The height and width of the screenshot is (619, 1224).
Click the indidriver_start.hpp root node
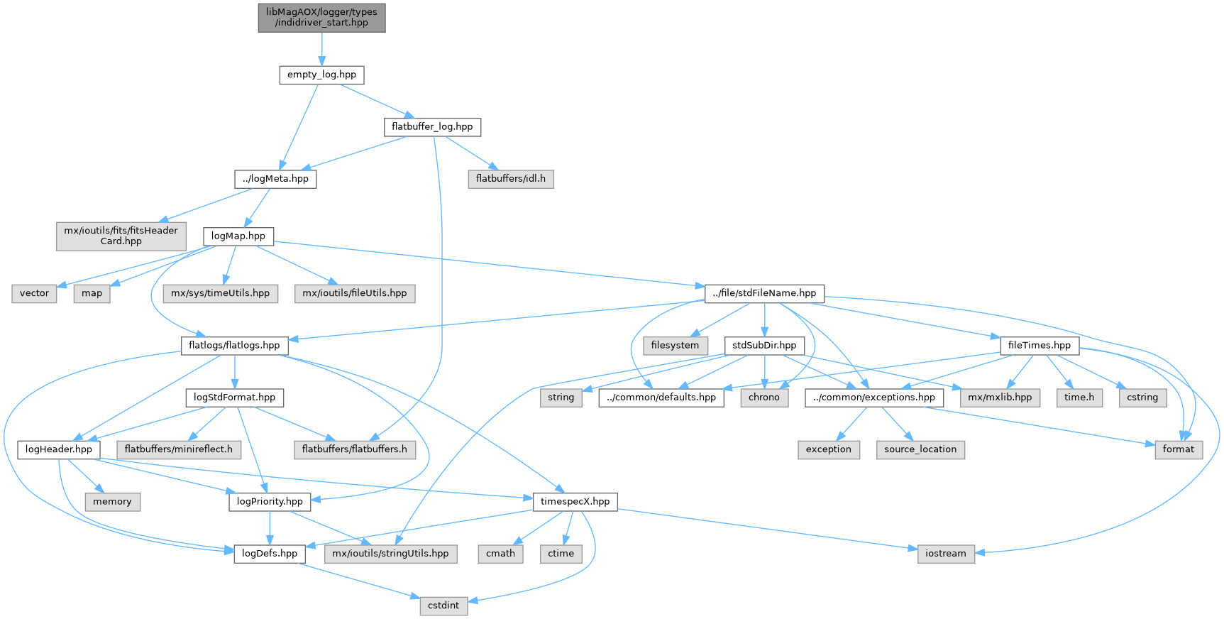click(321, 17)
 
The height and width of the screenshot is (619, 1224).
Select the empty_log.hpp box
click(321, 75)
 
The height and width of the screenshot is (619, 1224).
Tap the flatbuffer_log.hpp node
click(432, 127)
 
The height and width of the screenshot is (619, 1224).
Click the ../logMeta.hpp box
click(275, 179)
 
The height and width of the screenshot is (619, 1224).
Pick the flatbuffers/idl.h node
click(510, 179)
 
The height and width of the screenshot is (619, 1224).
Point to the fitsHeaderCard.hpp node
click(121, 236)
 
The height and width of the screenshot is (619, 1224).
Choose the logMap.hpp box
click(238, 236)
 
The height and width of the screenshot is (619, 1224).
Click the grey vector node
click(34, 293)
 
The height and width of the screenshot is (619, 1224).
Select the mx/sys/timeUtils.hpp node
click(221, 293)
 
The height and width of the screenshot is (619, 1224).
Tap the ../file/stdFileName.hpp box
click(764, 293)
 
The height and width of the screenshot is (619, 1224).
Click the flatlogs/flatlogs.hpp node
click(234, 345)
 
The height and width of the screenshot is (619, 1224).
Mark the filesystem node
click(675, 345)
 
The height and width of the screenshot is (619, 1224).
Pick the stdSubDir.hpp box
click(764, 345)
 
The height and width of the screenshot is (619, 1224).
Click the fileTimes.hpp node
click(1039, 345)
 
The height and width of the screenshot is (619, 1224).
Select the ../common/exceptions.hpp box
click(874, 398)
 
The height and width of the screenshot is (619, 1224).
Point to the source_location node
click(920, 449)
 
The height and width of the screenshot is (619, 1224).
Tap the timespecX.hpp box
click(575, 501)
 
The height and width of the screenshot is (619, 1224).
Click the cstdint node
click(443, 606)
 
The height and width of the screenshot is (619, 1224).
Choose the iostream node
click(946, 554)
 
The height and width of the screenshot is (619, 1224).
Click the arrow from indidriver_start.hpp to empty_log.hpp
click(321, 49)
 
